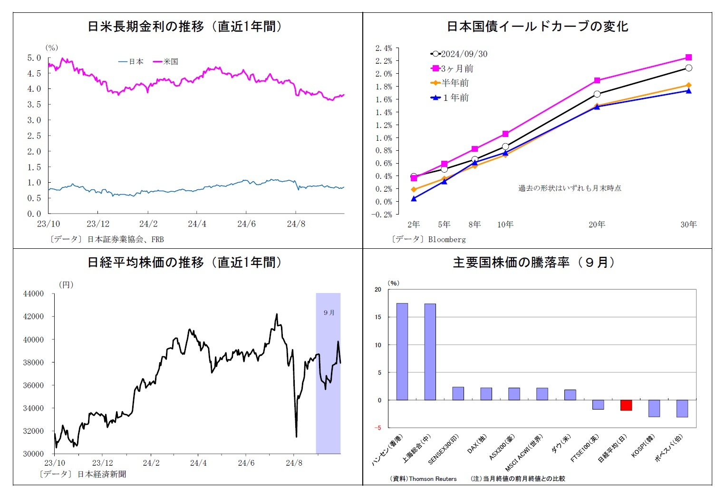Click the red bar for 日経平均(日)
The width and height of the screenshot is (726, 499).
[x=626, y=405]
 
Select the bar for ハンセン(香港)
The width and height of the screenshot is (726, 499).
[x=402, y=352]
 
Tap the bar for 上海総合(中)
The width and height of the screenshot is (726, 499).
[x=430, y=352]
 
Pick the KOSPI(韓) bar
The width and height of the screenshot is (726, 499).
[x=654, y=409]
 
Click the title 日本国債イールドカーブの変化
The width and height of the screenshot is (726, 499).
[x=537, y=27]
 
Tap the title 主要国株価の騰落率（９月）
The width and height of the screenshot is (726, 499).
[x=534, y=263]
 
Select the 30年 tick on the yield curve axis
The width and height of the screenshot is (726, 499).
[x=688, y=225]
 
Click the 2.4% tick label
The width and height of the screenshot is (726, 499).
[x=384, y=48]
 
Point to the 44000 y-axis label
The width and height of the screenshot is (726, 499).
[x=33, y=294]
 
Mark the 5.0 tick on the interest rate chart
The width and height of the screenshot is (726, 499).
[x=34, y=58]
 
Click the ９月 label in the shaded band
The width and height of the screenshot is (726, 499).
[x=329, y=313]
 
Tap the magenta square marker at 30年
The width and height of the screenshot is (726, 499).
[x=688, y=57]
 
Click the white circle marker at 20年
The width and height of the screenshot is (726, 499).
[x=597, y=94]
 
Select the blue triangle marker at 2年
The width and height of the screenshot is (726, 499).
[x=414, y=198]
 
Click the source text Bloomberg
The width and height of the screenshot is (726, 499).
[x=447, y=239]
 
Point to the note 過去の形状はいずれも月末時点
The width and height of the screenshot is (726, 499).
[x=570, y=188]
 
